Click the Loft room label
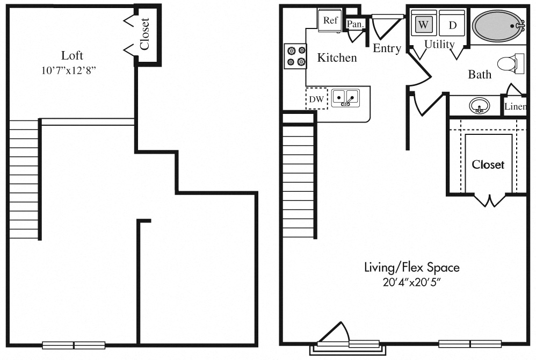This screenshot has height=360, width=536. (x=72, y=55)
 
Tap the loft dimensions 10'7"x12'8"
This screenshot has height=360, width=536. (x=72, y=70)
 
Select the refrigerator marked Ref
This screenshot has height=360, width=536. (x=330, y=21)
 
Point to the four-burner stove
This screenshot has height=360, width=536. (x=295, y=56)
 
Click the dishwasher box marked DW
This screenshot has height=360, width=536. (x=316, y=99)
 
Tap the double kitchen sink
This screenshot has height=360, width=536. (x=345, y=97)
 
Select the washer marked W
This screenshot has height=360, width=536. (x=424, y=25)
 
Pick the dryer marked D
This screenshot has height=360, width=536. (x=452, y=25)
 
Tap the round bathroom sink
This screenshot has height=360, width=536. (x=479, y=106)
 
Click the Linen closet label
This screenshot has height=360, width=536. (x=515, y=107)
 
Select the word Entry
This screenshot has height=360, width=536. (x=387, y=48)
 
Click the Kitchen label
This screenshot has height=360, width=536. (x=337, y=57)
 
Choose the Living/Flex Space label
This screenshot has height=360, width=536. (x=411, y=267)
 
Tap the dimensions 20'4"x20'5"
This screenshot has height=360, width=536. (x=411, y=282)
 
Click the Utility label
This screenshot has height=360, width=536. (x=439, y=44)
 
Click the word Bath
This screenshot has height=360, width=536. (x=479, y=74)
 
